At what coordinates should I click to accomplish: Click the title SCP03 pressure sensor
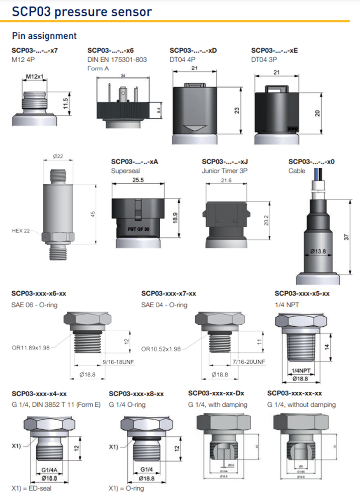tap(82, 11)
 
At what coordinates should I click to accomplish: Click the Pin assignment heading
tap(44, 36)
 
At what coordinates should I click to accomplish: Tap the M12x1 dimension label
tap(35, 77)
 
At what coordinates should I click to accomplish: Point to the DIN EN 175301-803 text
tap(117, 60)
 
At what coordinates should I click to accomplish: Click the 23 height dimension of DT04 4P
tap(236, 110)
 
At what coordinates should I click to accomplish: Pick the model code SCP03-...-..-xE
tap(274, 51)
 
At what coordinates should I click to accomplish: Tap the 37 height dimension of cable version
tap(347, 237)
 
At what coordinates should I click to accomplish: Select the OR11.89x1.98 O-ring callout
tap(30, 348)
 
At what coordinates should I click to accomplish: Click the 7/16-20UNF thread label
tap(249, 362)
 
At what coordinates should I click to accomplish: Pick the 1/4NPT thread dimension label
tap(300, 370)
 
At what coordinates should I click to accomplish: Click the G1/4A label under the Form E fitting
tap(48, 469)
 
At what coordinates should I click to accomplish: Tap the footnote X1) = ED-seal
tap(32, 488)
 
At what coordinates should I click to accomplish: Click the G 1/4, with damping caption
tap(217, 405)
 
